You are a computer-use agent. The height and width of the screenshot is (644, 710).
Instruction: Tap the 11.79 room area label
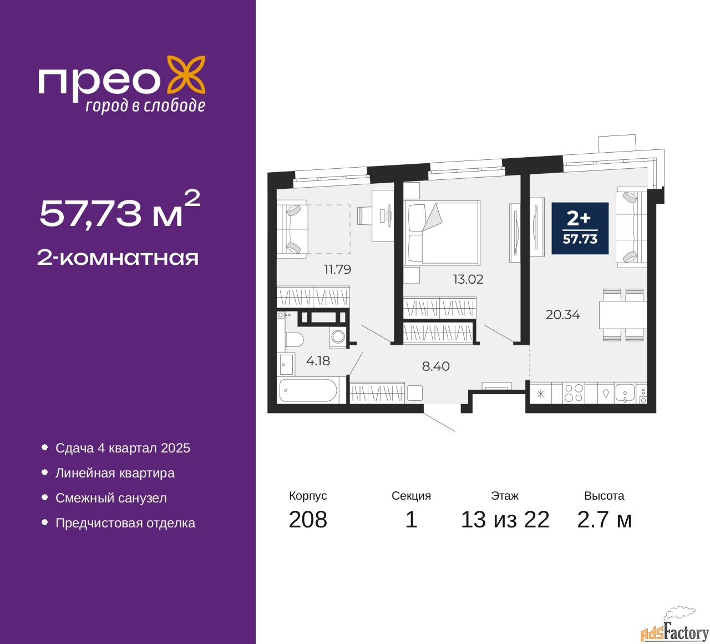(x=337, y=270)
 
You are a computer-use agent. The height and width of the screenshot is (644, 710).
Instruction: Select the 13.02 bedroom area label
(x=468, y=279)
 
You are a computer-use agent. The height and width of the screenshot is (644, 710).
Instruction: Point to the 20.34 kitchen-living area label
(x=563, y=315)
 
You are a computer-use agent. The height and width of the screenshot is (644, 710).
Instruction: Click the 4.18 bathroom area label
(x=318, y=361)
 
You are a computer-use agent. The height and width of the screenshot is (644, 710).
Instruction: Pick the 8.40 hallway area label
(x=435, y=366)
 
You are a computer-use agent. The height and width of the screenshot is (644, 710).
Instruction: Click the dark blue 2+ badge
(x=580, y=228)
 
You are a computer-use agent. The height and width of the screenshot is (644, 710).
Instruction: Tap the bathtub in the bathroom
(x=308, y=390)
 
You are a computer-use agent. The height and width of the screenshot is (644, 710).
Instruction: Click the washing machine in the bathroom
(x=338, y=337)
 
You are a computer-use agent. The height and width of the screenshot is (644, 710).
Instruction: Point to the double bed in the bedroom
(x=442, y=233)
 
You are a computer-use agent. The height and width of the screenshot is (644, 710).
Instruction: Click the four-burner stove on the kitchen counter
(x=574, y=393)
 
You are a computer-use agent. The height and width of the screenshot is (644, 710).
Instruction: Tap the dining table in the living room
(x=622, y=315)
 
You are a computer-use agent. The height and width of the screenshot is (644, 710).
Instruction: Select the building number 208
(x=308, y=519)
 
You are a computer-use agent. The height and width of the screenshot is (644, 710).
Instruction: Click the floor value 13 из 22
(x=505, y=519)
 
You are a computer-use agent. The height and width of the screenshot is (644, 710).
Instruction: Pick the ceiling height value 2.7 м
(x=604, y=519)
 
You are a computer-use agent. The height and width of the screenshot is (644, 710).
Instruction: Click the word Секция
(x=411, y=495)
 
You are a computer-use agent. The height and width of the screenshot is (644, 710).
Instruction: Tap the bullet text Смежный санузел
(x=111, y=498)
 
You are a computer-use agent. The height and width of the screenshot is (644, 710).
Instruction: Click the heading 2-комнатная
(x=118, y=258)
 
